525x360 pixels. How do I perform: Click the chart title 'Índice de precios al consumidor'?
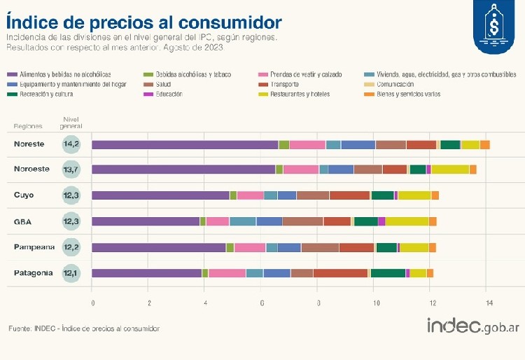coord(144,22)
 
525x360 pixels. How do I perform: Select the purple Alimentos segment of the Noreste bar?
coord(185,145)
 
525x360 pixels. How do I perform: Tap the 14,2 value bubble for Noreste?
coord(71,145)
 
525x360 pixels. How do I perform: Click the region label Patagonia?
coord(33,273)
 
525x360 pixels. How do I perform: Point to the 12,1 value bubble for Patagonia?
coord(71,273)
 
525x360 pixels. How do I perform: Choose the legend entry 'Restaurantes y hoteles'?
coord(301,94)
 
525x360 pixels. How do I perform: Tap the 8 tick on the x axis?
coord(318,303)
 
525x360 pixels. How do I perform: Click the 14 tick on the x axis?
coord(489,303)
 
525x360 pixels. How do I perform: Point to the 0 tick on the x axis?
coord(92,303)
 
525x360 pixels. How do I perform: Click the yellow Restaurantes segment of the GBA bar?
coord(407,221)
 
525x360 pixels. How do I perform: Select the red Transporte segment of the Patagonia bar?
coord(340,273)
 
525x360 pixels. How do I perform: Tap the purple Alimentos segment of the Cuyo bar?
coord(161,195)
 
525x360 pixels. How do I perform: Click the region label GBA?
coord(24,221)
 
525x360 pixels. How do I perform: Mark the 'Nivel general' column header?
coord(71,123)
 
